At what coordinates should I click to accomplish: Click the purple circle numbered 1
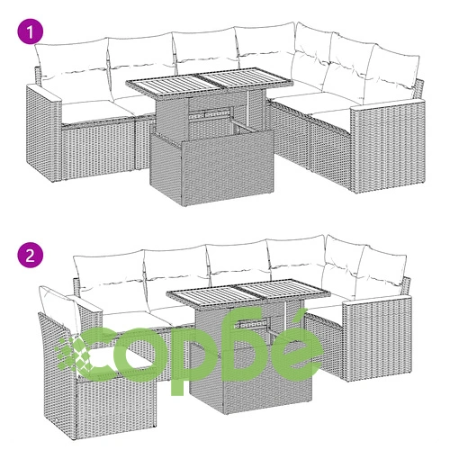(x=30, y=31)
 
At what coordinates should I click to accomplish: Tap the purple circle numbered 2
(x=30, y=256)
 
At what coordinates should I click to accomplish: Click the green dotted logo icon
(x=73, y=354)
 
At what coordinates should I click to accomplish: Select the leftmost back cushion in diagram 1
(x=72, y=70)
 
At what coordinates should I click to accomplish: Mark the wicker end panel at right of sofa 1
(x=389, y=147)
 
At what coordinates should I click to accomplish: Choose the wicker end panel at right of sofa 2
(x=377, y=337)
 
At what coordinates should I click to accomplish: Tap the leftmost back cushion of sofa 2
(x=110, y=282)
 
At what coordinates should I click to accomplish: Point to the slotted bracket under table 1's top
(x=210, y=114)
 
